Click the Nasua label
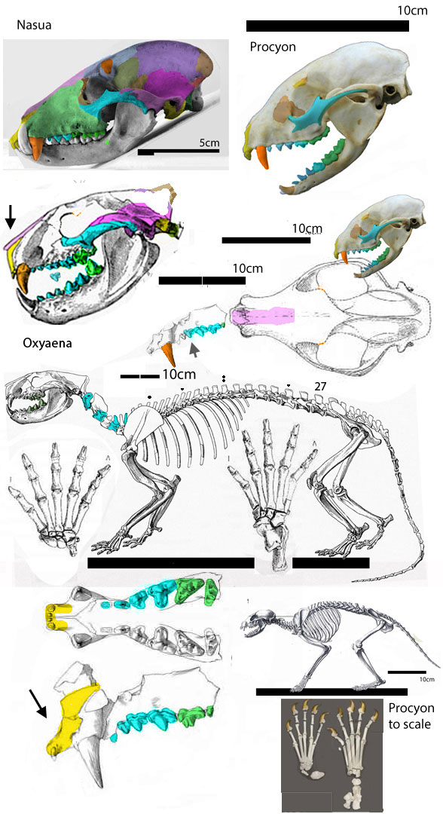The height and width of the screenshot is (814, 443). (34, 25)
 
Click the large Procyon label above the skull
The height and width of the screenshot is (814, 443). (273, 47)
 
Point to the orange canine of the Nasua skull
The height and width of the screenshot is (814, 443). (36, 148)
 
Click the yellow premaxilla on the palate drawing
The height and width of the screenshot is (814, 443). (57, 617)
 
